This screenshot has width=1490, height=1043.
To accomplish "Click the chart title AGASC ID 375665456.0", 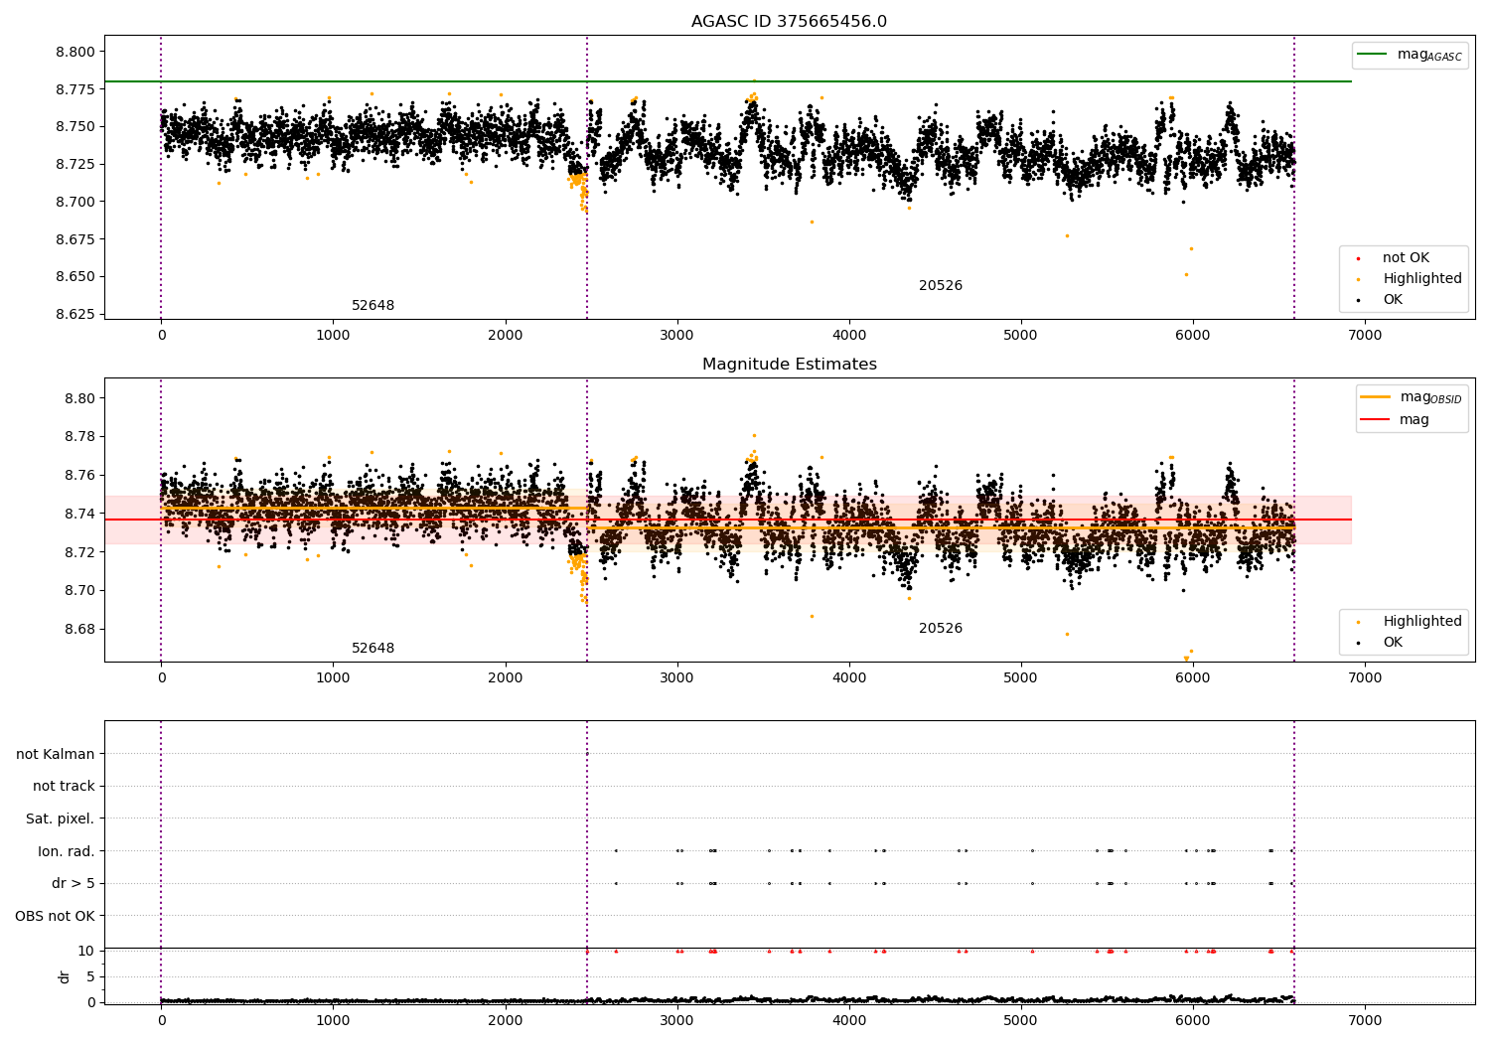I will click(x=789, y=22).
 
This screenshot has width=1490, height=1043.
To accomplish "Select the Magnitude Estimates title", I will click(x=789, y=365).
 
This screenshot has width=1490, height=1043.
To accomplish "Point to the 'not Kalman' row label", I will click(x=56, y=754).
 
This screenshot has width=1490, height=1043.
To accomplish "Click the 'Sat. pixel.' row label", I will click(x=60, y=819).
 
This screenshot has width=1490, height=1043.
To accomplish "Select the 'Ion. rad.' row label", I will click(x=67, y=851).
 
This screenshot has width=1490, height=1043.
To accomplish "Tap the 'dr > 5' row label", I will click(x=74, y=883).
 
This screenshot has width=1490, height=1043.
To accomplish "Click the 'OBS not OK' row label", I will click(x=55, y=916).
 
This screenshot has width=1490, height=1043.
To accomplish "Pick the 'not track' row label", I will click(x=64, y=786).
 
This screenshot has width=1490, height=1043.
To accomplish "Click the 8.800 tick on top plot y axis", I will click(x=76, y=52).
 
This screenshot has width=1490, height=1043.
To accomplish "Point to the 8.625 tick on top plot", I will click(x=76, y=314).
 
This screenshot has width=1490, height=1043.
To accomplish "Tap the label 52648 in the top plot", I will click(x=372, y=306).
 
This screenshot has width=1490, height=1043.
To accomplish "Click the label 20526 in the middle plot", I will click(x=940, y=629).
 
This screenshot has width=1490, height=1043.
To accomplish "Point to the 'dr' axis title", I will click(x=65, y=976).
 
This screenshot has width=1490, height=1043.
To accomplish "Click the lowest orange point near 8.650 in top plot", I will click(x=1186, y=274).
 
